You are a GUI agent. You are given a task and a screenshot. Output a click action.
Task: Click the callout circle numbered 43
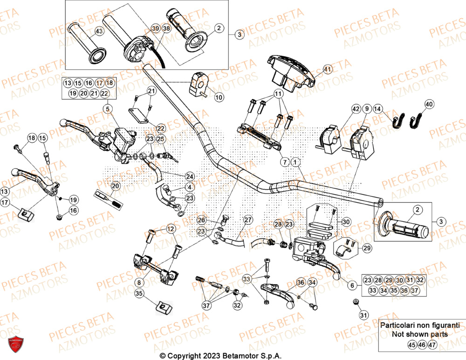(98, 31)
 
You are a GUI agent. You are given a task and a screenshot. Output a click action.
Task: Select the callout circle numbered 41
(327, 69)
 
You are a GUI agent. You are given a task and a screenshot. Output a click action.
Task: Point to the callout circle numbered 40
(429, 104)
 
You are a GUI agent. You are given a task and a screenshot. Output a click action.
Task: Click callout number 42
(356, 109)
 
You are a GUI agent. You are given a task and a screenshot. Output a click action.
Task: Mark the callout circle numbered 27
(247, 220)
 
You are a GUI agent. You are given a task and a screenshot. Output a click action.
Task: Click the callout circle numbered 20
(115, 186)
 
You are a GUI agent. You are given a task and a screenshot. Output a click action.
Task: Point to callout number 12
(171, 228)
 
